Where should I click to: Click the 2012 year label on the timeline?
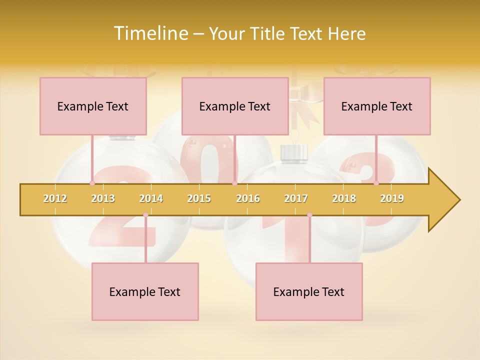pyautogui.click(x=55, y=198)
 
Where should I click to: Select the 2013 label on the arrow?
pyautogui.click(x=103, y=198)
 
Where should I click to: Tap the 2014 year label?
pyautogui.click(x=151, y=198)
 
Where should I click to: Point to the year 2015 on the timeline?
pyautogui.click(x=199, y=198)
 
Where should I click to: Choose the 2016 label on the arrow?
pyautogui.click(x=248, y=198)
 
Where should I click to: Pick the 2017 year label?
pyautogui.click(x=296, y=198)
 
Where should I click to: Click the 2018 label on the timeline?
pyautogui.click(x=344, y=198)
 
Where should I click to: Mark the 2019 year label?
pyautogui.click(x=392, y=198)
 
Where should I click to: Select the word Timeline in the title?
pyautogui.click(x=150, y=33)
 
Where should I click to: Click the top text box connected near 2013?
pyautogui.click(x=93, y=106)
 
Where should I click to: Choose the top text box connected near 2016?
pyautogui.click(x=235, y=106)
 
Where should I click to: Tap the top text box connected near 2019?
pyautogui.click(x=377, y=106)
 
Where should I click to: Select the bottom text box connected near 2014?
pyautogui.click(x=145, y=291)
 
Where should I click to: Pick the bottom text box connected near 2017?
pyautogui.click(x=309, y=291)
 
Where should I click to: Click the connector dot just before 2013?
pyautogui.click(x=92, y=183)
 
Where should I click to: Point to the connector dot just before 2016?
pyautogui.click(x=234, y=183)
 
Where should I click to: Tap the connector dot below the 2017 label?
pyautogui.click(x=309, y=215)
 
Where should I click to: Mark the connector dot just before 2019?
pyautogui.click(x=376, y=183)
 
